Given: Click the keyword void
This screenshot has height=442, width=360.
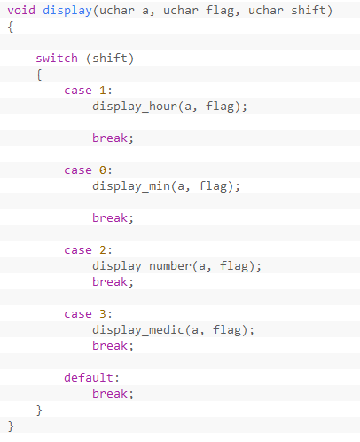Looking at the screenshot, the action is pos(21,11).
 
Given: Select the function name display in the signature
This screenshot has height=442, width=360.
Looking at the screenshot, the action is pos(67,11).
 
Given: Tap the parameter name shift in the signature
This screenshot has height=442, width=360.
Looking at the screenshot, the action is pos(309,10).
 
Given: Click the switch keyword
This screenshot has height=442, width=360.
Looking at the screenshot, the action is pos(57,59).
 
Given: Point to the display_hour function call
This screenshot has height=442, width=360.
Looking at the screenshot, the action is pos(135,107).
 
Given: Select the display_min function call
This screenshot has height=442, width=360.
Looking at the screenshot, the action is pos(131,186).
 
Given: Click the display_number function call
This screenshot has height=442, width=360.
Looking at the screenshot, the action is pos(142,266).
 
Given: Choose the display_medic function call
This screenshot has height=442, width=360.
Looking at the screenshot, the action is pos(138,330).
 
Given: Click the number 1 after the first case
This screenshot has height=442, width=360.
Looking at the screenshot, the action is pos(103,91).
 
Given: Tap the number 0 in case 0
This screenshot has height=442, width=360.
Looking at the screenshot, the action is pos(103,170).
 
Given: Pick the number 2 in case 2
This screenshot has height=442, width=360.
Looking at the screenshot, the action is pos(103,250).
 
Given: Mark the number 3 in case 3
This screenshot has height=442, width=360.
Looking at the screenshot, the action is pos(103,314).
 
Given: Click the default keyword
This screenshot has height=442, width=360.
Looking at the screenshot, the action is pos(89,377).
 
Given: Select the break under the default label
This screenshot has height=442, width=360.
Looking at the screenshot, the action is pos(110,393).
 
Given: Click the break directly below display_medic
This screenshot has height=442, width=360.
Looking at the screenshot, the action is pos(110,345).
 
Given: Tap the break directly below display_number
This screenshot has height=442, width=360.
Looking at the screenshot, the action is pos(110,281).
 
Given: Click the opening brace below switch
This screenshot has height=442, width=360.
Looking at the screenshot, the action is pos(39,75).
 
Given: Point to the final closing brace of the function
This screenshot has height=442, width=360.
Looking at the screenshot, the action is pos(11,426).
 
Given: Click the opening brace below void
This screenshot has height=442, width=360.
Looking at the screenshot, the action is pos(11,27).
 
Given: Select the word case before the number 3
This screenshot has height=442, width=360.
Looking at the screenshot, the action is pos(78,314).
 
